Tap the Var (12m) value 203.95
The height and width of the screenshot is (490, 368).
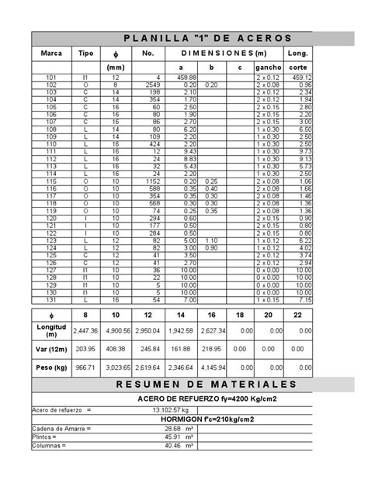point(83,347)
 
